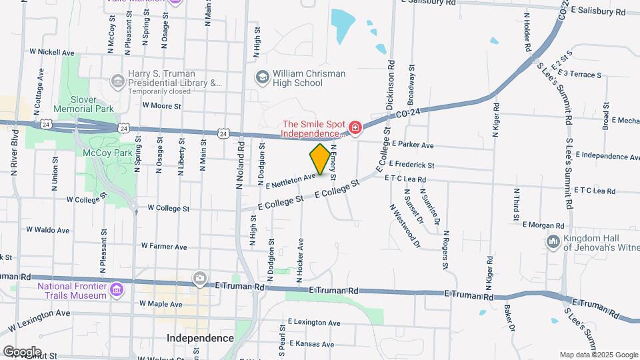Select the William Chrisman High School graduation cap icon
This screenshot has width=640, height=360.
point(262,77)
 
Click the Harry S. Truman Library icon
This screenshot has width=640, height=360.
point(118,81)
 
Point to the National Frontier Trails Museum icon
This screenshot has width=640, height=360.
point(117,289)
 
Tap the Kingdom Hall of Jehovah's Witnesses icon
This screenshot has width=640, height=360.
point(553,241)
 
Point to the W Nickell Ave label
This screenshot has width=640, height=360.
point(52,51)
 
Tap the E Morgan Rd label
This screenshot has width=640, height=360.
point(543,225)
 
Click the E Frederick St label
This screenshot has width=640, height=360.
point(411,164)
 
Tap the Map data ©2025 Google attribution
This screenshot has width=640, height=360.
point(598,355)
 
